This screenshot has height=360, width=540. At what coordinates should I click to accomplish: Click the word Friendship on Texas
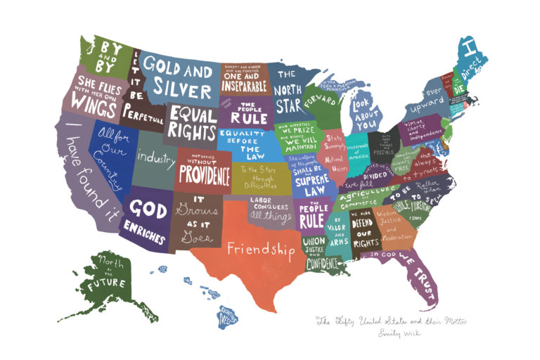(x=259, y=248)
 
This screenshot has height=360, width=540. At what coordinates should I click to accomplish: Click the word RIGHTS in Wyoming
(x=193, y=131)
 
